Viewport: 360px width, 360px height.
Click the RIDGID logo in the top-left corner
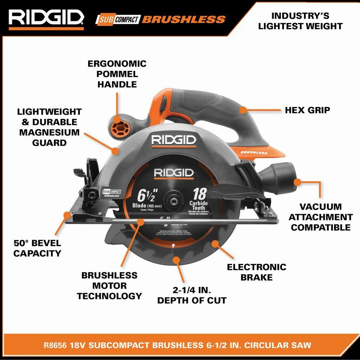pyautogui.click(x=46, y=17)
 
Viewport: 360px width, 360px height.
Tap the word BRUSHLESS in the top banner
pyautogui.click(x=184, y=19)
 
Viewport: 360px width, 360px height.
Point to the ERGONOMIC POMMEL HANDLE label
pyautogui.click(x=112, y=74)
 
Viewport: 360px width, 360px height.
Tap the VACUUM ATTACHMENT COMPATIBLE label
pyautogui.click(x=320, y=217)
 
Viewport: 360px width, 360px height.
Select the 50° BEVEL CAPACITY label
pyautogui.click(x=37, y=248)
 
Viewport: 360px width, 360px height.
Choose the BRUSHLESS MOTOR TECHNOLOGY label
pyautogui.click(x=109, y=285)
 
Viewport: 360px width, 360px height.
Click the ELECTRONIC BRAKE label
pyautogui.click(x=256, y=272)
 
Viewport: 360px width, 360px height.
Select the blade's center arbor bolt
pyautogui.click(x=172, y=200)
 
